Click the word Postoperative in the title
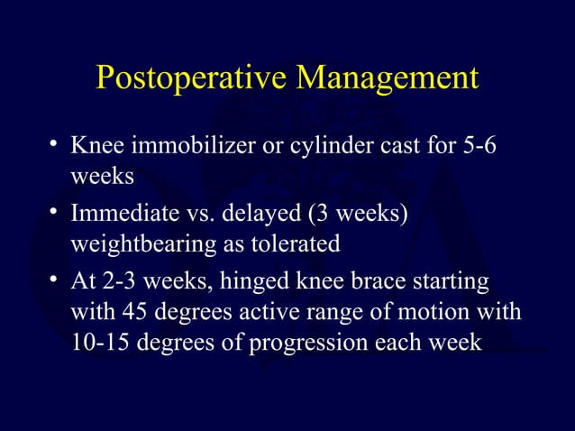(194, 78)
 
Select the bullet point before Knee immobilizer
(56, 144)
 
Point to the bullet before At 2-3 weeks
(56, 282)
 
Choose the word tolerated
(297, 245)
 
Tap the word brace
(388, 284)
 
